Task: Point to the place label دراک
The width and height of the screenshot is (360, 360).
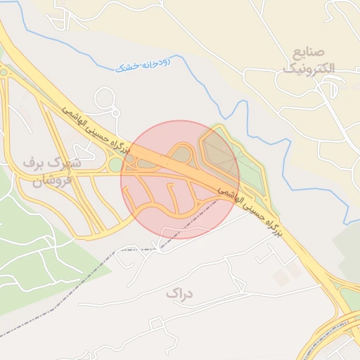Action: coord(179,292)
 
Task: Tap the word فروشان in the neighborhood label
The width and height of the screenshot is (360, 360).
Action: coord(49,179)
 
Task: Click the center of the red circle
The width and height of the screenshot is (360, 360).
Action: coord(180,179)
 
